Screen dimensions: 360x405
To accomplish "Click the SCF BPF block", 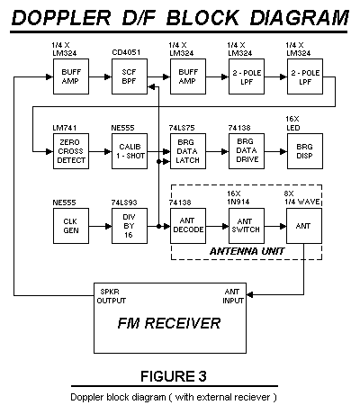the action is (130, 76).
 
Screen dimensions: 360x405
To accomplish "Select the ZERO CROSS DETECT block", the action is (71, 151).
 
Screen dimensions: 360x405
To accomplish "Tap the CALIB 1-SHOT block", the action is (130, 151).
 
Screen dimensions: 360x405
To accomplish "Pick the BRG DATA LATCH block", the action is (188, 151).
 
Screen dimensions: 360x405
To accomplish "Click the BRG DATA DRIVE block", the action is (247, 151).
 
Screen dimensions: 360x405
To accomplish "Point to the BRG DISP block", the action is (305, 151).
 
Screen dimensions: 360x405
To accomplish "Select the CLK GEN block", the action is (71, 226).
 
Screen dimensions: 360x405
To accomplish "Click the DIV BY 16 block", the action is (130, 226).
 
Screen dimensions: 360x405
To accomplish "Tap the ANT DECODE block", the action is (188, 226).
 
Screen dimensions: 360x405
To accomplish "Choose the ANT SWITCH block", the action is (247, 226).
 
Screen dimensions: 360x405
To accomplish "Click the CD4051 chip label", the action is (126, 52).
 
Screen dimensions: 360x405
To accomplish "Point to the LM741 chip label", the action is (65, 128).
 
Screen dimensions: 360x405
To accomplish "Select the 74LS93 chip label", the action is (124, 202).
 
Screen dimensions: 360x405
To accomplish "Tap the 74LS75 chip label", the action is (182, 128).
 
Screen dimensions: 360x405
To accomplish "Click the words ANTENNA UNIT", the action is (247, 251).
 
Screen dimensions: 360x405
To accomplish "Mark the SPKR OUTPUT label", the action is (112, 296).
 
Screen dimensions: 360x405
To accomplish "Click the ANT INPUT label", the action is (233, 296).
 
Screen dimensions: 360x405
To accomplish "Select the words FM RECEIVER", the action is (169, 323).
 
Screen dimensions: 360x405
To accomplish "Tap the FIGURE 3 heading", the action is (174, 376).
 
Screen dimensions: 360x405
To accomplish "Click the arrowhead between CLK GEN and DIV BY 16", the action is (108, 226).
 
